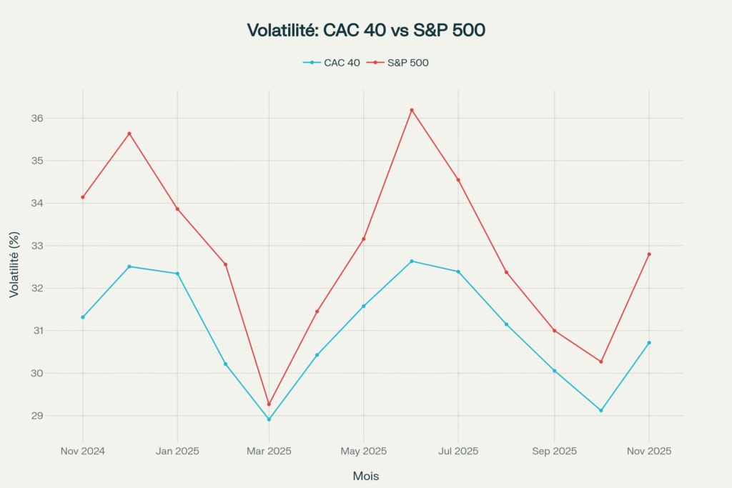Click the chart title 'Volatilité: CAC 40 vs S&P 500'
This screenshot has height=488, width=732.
coord(366,30)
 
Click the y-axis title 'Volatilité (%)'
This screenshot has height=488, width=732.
coord(14,264)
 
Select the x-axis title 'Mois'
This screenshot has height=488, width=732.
coord(366,476)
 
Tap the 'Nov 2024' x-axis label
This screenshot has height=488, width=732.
coord(82,451)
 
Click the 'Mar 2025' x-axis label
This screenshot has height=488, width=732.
coord(269,451)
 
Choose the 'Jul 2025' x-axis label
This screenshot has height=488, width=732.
coord(458,451)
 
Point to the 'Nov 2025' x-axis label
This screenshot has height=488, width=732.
coord(648,451)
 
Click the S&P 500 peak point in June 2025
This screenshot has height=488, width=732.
coord(412,110)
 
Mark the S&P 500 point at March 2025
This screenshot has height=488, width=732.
coord(269,404)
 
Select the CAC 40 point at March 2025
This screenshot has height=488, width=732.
coord(269,419)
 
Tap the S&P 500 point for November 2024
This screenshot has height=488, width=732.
coord(83,197)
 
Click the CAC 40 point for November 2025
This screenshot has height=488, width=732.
coord(649,343)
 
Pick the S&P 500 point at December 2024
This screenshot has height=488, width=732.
coord(129,134)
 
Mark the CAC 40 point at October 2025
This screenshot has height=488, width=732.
coord(601,410)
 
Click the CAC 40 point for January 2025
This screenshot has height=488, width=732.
coord(177,274)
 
